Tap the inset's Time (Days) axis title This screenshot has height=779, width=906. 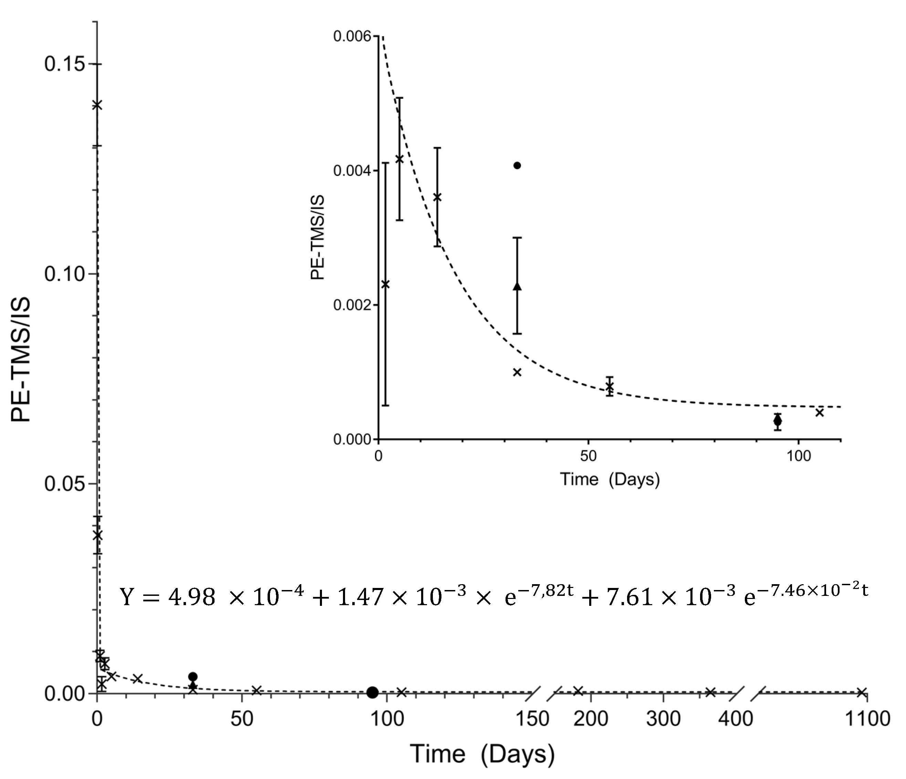tap(610, 480)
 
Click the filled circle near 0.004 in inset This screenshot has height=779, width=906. tap(517, 165)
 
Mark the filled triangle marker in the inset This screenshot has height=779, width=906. tap(517, 286)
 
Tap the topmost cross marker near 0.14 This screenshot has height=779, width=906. tap(97, 105)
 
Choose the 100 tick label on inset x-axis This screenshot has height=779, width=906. tap(799, 456)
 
